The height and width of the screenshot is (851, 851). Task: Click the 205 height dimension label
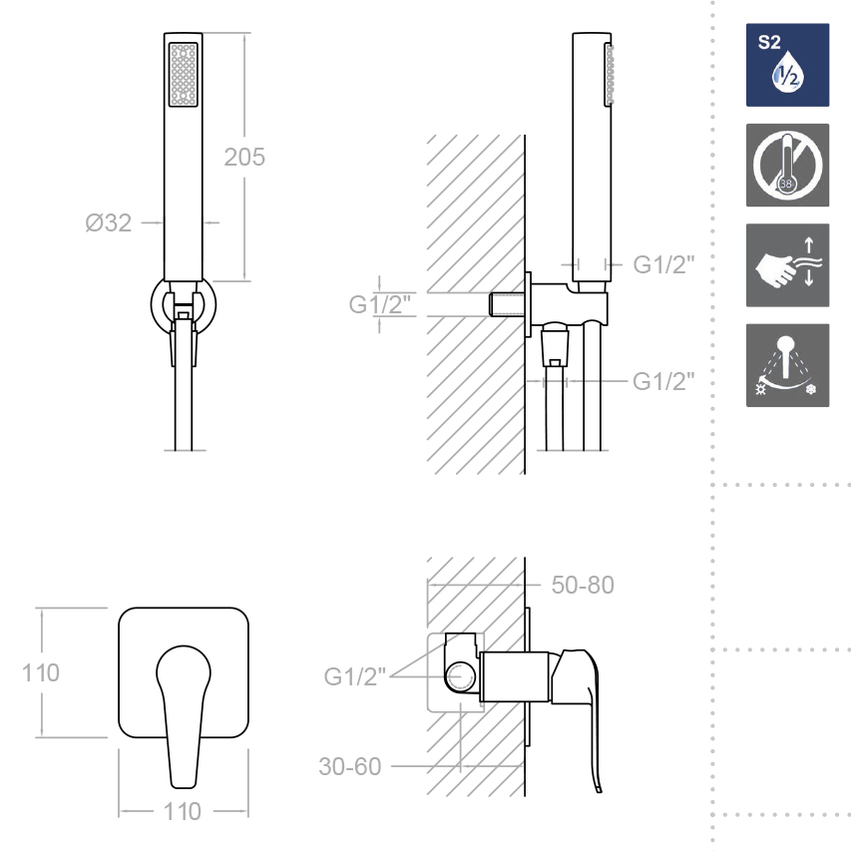point(244,158)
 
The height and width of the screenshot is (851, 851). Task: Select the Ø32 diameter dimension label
point(109,223)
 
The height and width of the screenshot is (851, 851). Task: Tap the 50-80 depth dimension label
point(583,585)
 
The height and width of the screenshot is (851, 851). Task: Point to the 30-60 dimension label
point(350,767)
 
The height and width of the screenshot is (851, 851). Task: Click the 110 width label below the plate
point(183,812)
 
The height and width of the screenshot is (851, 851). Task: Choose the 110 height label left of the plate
point(41,673)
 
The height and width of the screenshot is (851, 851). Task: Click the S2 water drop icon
point(787,65)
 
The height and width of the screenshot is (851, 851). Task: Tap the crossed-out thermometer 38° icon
point(787,165)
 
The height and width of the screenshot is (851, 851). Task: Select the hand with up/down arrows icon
point(787,265)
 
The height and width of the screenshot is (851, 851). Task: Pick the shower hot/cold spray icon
point(787,365)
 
